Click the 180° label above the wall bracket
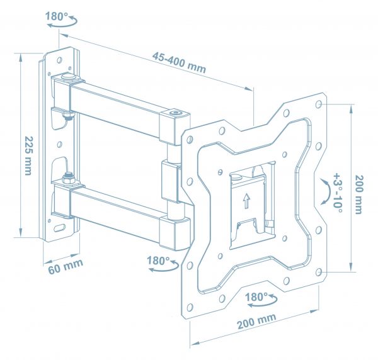pos(57,16)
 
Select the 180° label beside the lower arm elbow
pos(158,259)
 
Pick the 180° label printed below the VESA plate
pos(258,296)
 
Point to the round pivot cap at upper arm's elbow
pos(175,114)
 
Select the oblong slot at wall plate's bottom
pos(60,228)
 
